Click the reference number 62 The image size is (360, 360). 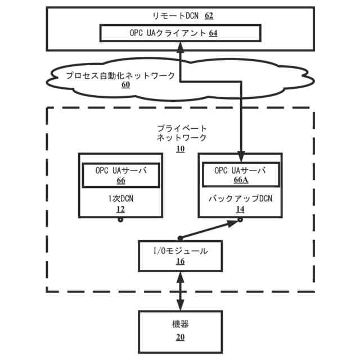click(209, 16)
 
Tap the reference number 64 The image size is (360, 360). click(213, 33)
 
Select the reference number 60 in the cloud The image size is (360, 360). click(126, 85)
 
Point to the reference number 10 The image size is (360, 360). click(181, 149)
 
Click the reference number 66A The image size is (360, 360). click(241, 180)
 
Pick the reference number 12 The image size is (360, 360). click(121, 209)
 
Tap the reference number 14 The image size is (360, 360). click(240, 209)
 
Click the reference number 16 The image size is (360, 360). click(181, 261)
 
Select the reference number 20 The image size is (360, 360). click(181, 337)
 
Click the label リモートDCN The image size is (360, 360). click(175, 16)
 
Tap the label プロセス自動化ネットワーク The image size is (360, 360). click(120, 75)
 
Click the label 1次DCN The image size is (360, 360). click(121, 199)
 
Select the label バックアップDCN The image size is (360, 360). click(240, 199)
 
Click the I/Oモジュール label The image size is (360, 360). click(181, 251)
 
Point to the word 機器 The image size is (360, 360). click(181, 324)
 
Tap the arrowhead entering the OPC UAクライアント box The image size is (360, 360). click(181, 47)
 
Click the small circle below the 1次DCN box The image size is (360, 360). click(120, 220)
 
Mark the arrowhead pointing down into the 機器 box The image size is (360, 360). click(181, 305)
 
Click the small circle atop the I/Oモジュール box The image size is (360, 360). click(180, 238)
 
